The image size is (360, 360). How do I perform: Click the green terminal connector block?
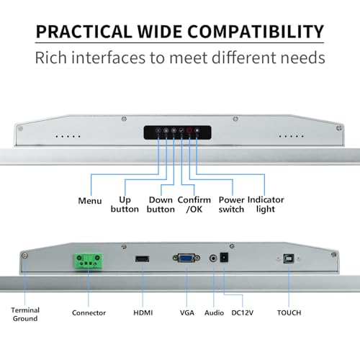click(x=89, y=261)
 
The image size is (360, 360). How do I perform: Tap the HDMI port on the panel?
click(x=143, y=259)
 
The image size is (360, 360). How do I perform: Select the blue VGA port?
click(x=186, y=258)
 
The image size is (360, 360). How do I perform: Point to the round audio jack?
click(x=213, y=258)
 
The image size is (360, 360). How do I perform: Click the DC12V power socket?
click(x=224, y=258)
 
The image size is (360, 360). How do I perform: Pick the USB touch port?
click(x=289, y=258)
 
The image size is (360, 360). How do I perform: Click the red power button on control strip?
click(x=189, y=131)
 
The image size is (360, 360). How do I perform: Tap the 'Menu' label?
click(x=90, y=201)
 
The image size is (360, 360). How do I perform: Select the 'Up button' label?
click(x=125, y=204)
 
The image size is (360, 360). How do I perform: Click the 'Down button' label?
click(x=161, y=204)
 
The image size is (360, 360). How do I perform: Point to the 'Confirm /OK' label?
click(x=194, y=204)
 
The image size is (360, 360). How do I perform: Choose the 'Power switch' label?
click(x=231, y=204)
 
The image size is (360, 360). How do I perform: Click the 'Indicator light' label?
click(x=266, y=204)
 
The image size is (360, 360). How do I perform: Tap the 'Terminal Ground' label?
click(x=25, y=315)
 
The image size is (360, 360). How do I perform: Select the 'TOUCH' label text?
click(x=289, y=312)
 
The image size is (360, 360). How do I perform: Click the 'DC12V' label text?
click(x=243, y=312)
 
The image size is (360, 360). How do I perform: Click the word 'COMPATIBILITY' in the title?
click(x=256, y=32)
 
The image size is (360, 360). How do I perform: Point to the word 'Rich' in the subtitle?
click(x=50, y=58)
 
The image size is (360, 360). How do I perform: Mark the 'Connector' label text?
click(x=89, y=312)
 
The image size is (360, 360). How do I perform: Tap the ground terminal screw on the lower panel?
click(x=24, y=256)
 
